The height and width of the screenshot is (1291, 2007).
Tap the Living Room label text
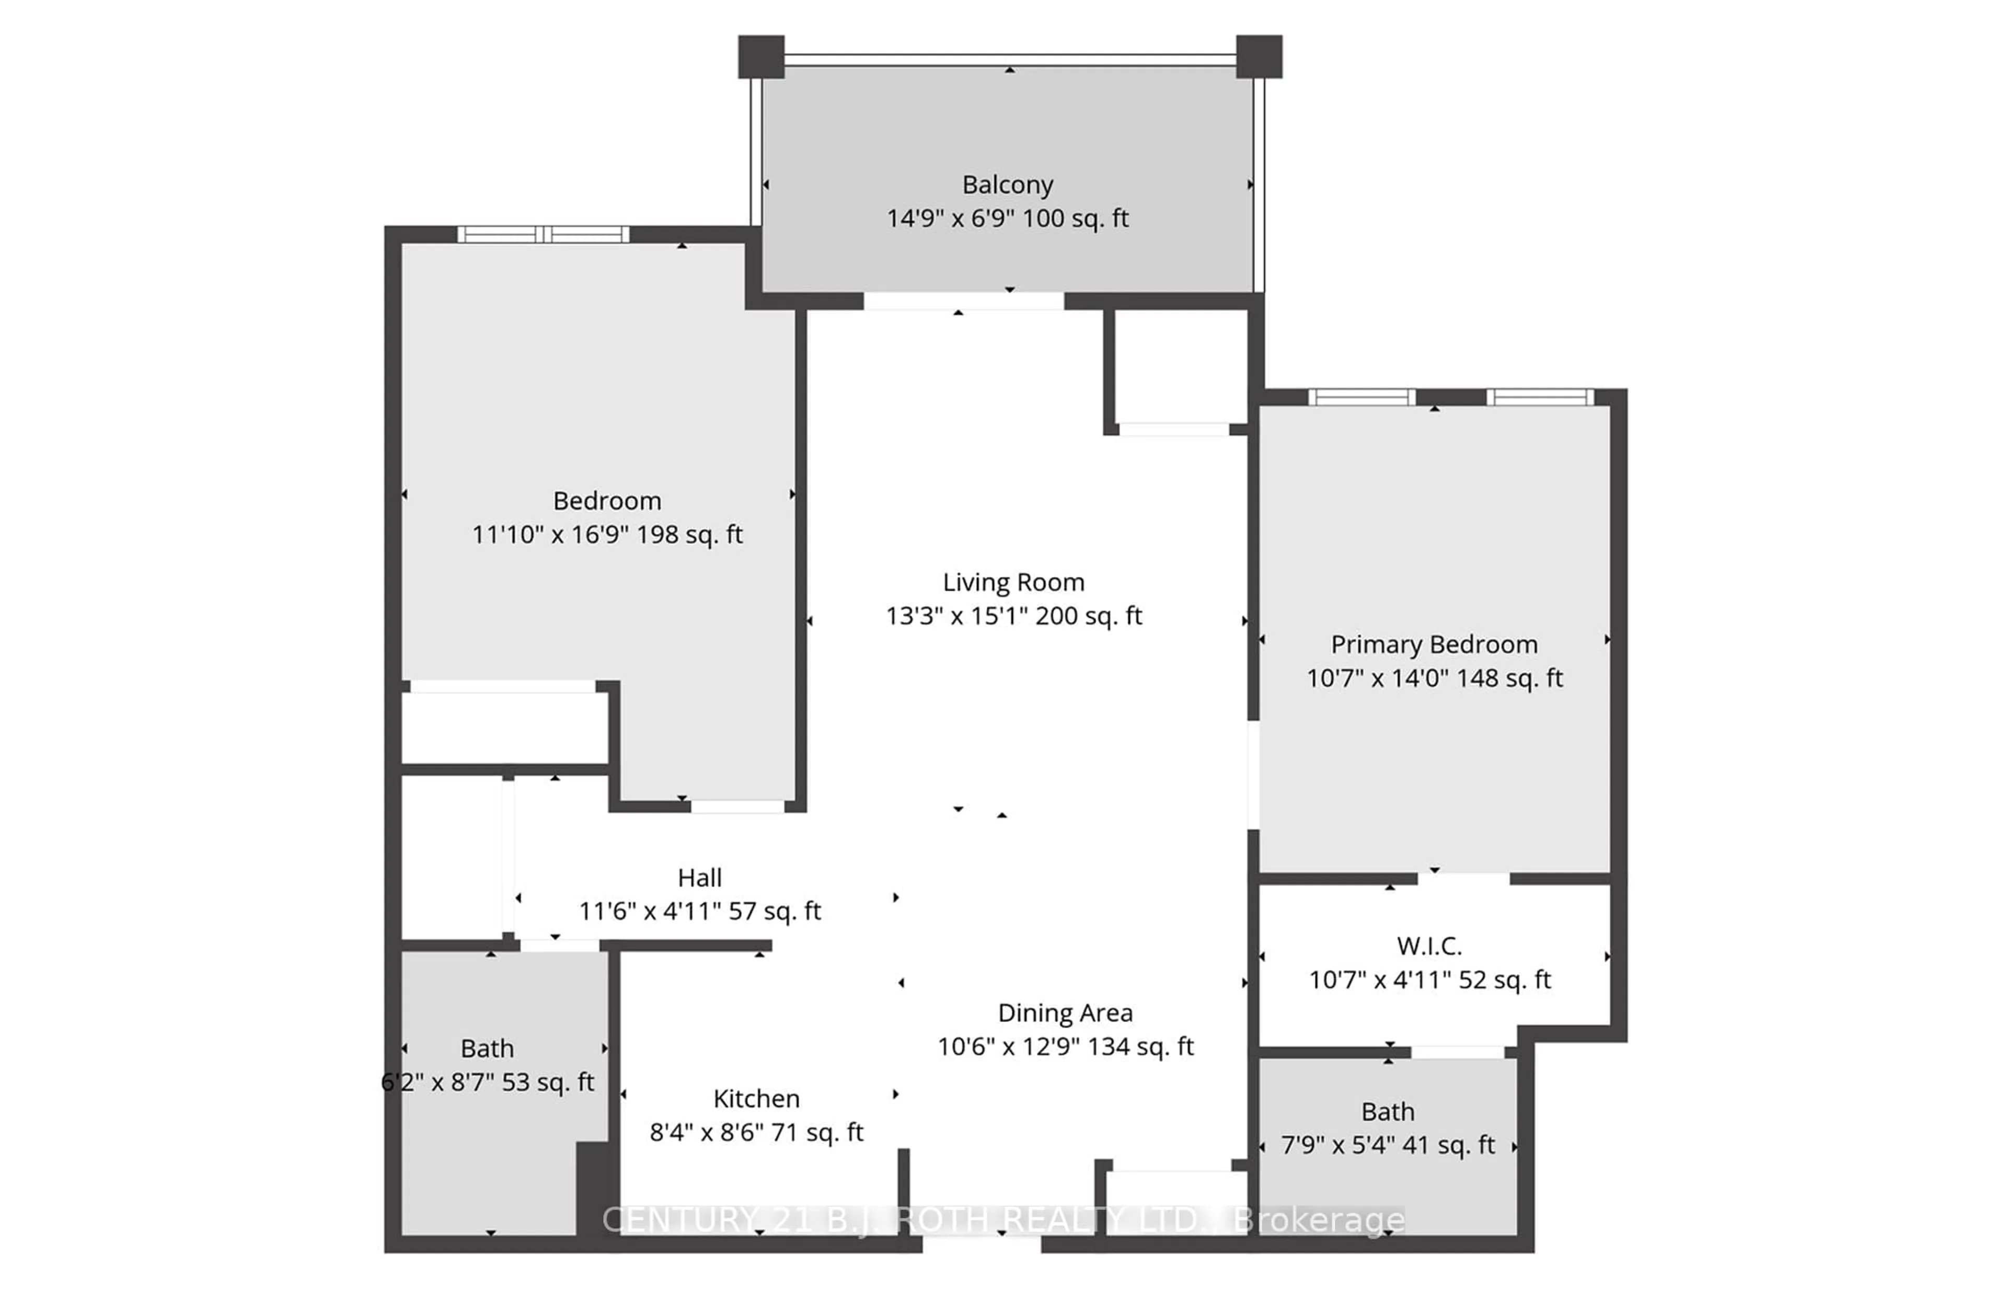[x=1013, y=582]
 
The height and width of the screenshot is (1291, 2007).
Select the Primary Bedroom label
[x=1434, y=644]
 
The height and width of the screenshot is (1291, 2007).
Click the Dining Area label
[x=1065, y=1013]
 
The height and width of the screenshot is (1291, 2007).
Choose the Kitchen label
[x=756, y=1098]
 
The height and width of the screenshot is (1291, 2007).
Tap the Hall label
[x=699, y=878]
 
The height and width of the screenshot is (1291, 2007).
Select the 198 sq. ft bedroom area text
[x=689, y=535]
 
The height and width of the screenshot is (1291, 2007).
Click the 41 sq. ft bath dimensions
[x=1388, y=1145]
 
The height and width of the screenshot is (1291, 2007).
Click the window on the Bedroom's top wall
[x=543, y=234]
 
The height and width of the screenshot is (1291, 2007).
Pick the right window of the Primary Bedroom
[x=1540, y=397]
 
